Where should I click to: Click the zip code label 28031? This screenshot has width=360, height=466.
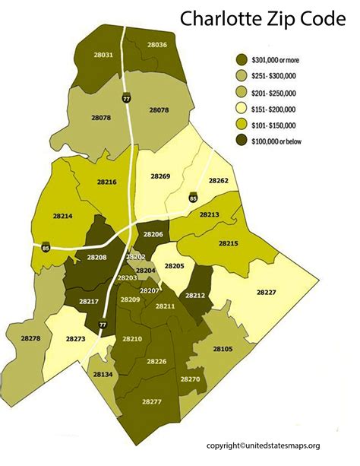click(104, 55)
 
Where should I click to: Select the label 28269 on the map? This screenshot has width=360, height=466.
click(160, 176)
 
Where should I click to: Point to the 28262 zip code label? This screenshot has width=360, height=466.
click(218, 181)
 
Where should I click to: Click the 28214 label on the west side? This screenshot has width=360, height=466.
click(63, 217)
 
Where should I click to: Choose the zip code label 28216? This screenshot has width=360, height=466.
click(106, 182)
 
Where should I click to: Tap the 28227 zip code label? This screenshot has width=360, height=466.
click(267, 292)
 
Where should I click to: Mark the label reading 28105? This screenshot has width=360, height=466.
click(223, 348)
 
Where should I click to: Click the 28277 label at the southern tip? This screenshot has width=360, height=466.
click(153, 401)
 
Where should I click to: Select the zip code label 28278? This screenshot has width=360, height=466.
click(30, 338)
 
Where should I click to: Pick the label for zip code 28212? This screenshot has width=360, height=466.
click(195, 295)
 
